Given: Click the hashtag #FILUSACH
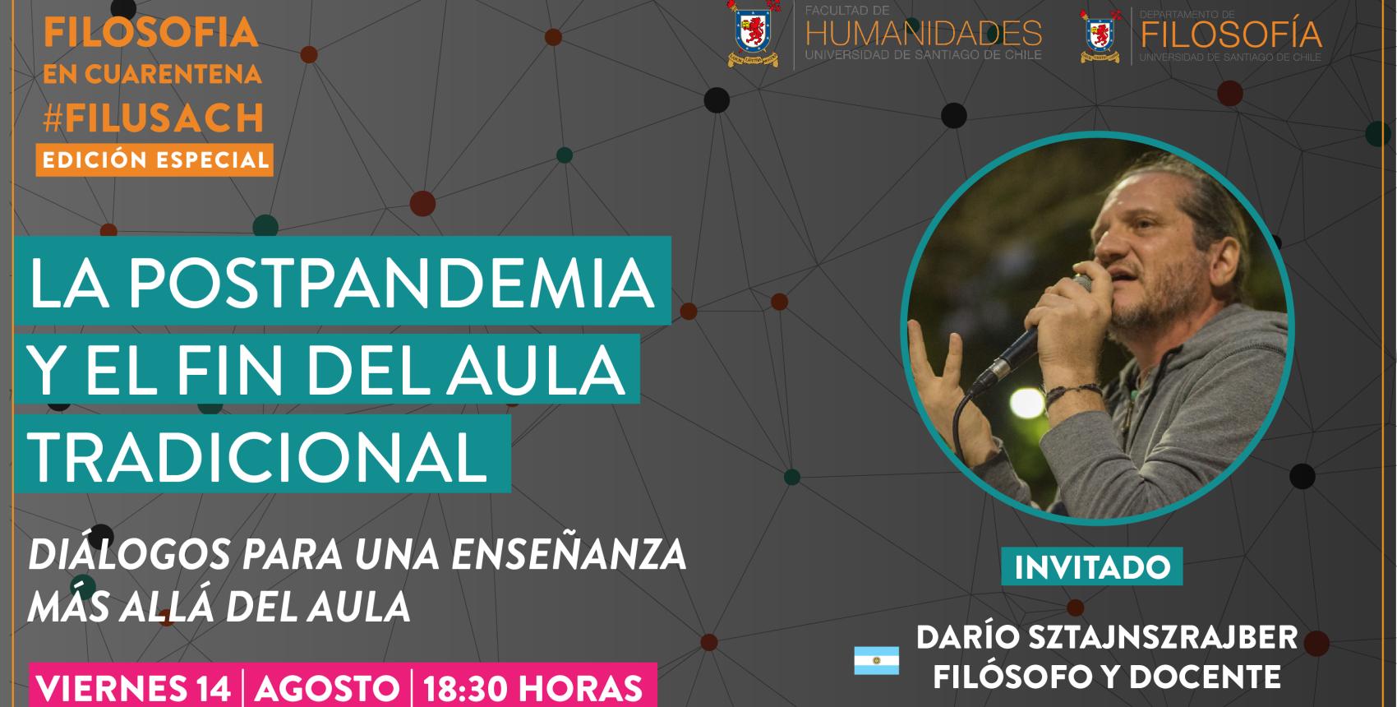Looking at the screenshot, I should (x=154, y=118).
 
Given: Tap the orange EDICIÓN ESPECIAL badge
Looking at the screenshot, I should (x=154, y=159).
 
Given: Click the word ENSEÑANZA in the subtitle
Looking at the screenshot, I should (x=569, y=556).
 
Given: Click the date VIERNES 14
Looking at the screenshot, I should (x=134, y=688).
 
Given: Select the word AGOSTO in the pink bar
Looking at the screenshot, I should (x=326, y=688).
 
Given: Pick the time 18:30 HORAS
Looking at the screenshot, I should (x=533, y=688).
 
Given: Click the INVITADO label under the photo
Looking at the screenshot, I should (x=1092, y=567).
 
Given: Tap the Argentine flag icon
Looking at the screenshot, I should (x=876, y=660).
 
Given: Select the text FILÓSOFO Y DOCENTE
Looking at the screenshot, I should (x=1107, y=677).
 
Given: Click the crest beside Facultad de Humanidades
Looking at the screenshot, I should (x=752, y=34).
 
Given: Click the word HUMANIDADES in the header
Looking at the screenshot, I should (x=923, y=34).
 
